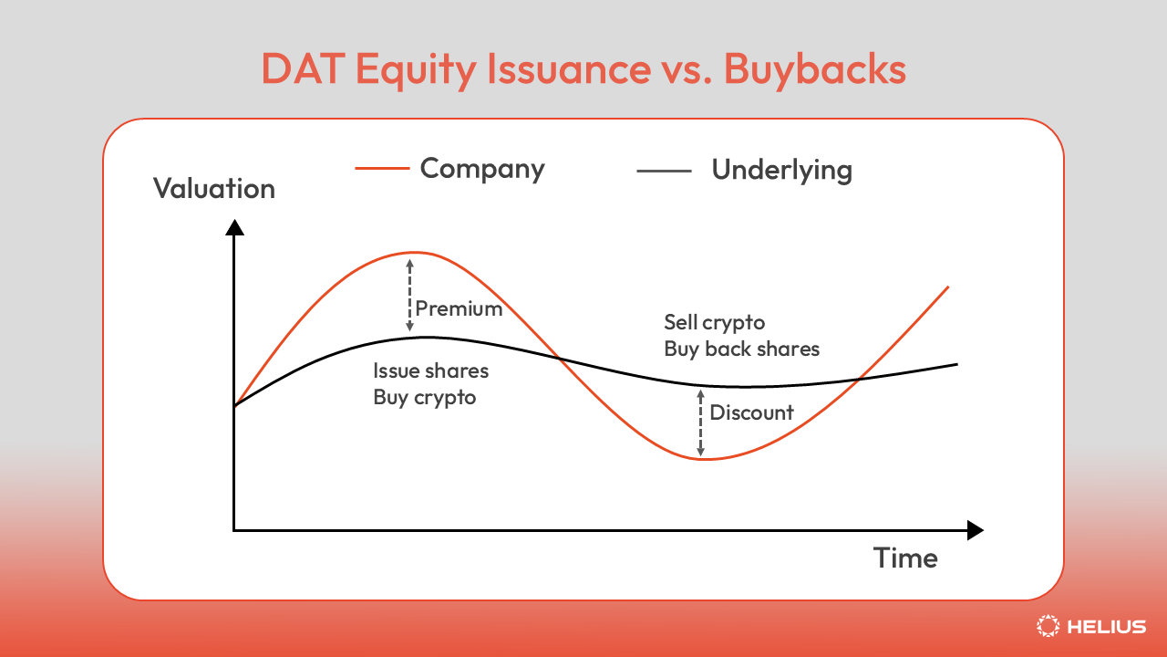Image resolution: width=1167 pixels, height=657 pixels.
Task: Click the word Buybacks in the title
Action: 815,70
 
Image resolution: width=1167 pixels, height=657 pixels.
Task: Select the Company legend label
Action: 482,169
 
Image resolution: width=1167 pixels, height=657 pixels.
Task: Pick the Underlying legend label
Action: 781,170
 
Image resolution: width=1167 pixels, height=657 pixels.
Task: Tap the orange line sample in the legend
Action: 380,169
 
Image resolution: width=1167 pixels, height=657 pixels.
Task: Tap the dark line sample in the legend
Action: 664,170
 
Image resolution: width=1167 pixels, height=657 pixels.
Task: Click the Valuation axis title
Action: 213,189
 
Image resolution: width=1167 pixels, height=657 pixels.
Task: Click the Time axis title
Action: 904,558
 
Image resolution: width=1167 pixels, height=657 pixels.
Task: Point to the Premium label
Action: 459,308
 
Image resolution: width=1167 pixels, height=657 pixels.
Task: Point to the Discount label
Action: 751,412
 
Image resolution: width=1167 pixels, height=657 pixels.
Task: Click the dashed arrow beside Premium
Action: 409,295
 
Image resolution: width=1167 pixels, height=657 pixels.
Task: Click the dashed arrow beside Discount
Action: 700,422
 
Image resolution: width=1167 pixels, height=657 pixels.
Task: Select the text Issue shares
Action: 430,371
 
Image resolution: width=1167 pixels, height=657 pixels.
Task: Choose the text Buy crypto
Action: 424,398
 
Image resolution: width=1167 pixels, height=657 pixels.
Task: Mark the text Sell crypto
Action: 714,322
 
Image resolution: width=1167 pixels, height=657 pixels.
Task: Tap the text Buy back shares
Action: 741,349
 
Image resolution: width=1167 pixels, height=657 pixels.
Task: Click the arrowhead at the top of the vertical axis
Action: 234,227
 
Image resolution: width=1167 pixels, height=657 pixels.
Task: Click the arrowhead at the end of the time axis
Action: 975,530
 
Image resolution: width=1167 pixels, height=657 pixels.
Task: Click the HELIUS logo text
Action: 1106,627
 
